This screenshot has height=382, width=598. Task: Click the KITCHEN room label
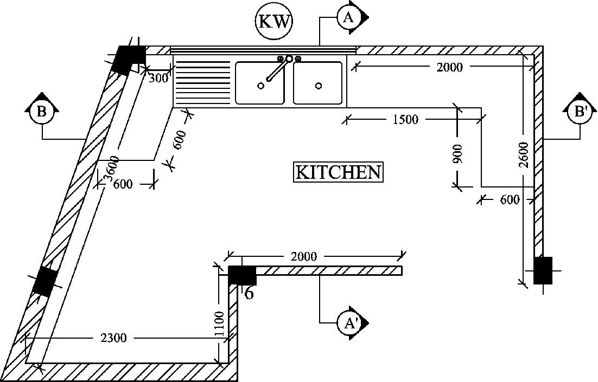point(338,172)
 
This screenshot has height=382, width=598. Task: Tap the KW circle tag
point(274,22)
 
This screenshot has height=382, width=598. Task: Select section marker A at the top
point(348,17)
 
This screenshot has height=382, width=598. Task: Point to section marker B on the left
point(41,112)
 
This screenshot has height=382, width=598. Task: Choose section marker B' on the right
point(580,112)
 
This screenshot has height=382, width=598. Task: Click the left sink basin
point(259,83)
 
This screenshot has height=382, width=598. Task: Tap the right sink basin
point(318,83)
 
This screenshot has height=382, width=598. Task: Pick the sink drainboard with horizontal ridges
point(202,83)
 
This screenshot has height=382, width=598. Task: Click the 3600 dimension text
point(110,168)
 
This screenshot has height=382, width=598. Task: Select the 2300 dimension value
point(113,338)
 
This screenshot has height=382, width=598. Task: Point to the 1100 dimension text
point(219,323)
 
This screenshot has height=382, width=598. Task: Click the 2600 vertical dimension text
point(523,155)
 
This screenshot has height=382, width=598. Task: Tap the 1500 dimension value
point(405,120)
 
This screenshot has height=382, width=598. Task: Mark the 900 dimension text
point(457,154)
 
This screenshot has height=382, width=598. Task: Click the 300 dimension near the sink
point(158,78)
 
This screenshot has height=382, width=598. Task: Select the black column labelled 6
point(242,275)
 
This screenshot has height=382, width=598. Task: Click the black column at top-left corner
point(129,59)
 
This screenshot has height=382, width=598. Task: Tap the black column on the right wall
point(543,270)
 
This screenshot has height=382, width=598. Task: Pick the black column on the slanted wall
point(45,282)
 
